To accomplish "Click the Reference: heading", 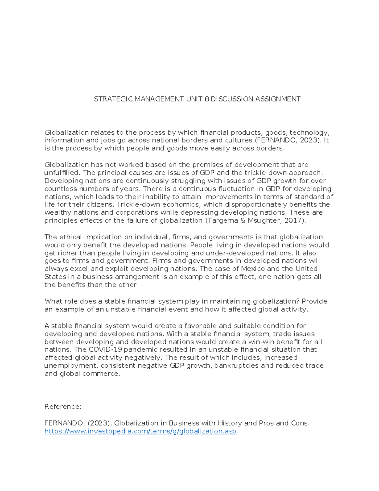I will (x=63, y=407).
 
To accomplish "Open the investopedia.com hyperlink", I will (x=141, y=431).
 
